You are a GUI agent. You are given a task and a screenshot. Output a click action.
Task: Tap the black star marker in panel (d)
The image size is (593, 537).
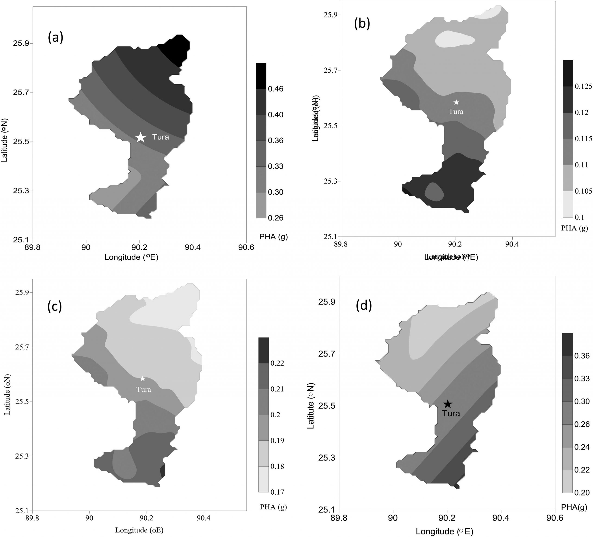point(447,404)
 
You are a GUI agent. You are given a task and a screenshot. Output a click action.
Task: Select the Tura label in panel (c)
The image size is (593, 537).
point(144,390)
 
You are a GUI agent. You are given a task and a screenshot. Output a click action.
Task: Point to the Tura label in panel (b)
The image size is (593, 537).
point(456,112)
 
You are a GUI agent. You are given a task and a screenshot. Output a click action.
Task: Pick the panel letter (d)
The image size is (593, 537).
point(364,306)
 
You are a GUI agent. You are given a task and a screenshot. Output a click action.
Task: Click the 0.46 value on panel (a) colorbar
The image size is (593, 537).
point(276,89)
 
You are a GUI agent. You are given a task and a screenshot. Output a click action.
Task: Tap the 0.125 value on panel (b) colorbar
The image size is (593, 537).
point(583,86)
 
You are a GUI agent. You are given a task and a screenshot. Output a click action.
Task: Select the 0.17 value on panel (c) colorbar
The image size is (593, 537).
point(277,492)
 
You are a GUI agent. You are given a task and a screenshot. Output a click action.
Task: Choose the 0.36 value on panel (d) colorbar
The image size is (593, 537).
point(582,356)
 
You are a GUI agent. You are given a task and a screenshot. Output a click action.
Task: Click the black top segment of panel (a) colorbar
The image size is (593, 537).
point(261,76)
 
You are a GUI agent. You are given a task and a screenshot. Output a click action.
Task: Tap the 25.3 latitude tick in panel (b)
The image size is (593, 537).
point(330,181)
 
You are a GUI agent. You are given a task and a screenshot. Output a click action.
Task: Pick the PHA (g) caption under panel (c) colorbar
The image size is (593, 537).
point(273,507)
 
